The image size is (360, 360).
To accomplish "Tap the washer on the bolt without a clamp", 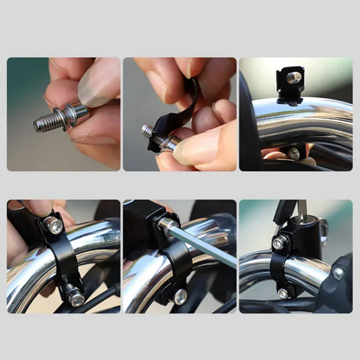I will [x=67, y=117].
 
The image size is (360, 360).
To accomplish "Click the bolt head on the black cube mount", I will [x=294, y=77].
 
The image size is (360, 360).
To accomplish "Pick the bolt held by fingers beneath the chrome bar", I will [x=293, y=153].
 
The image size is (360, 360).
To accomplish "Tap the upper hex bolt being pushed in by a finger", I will [x=53, y=226].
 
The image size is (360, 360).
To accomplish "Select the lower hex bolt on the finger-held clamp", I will [x=76, y=299].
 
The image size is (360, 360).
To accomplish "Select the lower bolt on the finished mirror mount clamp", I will [x=283, y=293].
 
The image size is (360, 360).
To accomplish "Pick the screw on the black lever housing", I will [x=338, y=273].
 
